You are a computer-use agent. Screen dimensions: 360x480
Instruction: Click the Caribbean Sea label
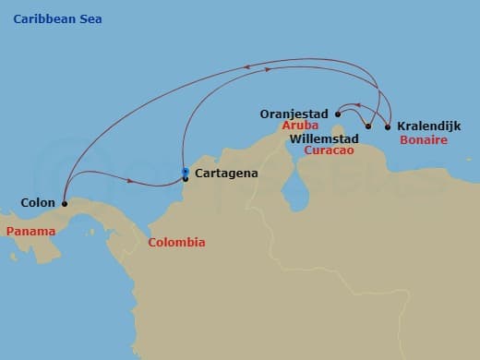tap(58, 19)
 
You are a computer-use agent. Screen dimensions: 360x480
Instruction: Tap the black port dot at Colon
tap(65, 203)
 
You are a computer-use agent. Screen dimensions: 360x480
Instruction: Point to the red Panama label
tap(29, 231)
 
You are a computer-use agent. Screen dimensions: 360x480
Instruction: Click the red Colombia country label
tap(176, 243)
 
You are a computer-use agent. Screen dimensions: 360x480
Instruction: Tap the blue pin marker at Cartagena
tap(186, 173)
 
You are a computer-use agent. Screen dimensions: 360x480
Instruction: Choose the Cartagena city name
tap(226, 173)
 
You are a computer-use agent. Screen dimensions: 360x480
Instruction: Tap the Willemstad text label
tap(324, 139)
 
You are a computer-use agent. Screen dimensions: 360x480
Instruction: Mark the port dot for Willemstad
tap(368, 126)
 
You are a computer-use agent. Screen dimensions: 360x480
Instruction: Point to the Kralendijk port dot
tap(387, 126)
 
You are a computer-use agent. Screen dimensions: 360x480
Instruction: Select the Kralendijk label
tap(428, 126)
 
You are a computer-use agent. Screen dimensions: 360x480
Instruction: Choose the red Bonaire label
tap(424, 140)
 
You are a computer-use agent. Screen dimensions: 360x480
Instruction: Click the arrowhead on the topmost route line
tap(248, 65)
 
